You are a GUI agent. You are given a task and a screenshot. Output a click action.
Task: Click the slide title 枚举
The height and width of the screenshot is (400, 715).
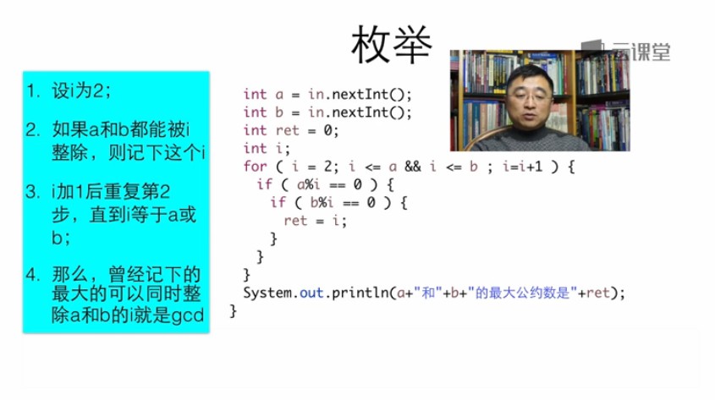(392, 45)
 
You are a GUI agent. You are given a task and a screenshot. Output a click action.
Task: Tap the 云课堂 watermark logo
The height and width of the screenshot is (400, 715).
(625, 51)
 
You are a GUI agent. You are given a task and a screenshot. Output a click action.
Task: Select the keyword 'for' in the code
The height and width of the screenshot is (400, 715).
(255, 167)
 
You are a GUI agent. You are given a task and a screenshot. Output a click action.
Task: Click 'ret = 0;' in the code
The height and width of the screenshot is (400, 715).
(307, 131)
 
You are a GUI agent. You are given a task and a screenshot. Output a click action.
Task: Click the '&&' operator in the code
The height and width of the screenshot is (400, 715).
(413, 167)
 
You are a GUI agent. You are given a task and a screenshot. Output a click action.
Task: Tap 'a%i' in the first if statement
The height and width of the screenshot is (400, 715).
(308, 184)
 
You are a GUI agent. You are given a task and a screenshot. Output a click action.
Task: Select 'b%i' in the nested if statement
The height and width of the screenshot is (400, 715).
(322, 202)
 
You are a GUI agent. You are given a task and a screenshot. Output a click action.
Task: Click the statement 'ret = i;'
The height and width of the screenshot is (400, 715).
(315, 221)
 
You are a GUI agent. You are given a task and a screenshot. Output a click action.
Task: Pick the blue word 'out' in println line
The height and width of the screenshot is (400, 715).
(311, 293)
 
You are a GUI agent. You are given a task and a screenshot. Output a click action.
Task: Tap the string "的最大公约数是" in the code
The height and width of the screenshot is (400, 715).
(523, 293)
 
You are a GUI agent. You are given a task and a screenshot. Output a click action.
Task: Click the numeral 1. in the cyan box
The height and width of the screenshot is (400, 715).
(33, 90)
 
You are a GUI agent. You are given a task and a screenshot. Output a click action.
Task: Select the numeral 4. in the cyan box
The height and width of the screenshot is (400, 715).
(32, 275)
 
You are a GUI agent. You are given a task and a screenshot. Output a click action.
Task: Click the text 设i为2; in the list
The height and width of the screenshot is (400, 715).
(81, 90)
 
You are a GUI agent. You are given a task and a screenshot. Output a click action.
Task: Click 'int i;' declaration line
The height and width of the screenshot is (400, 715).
(267, 149)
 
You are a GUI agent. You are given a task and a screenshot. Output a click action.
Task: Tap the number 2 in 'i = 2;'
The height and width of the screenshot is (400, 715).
(327, 167)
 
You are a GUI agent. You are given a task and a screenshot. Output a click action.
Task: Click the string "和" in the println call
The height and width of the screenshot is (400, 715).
(428, 293)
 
